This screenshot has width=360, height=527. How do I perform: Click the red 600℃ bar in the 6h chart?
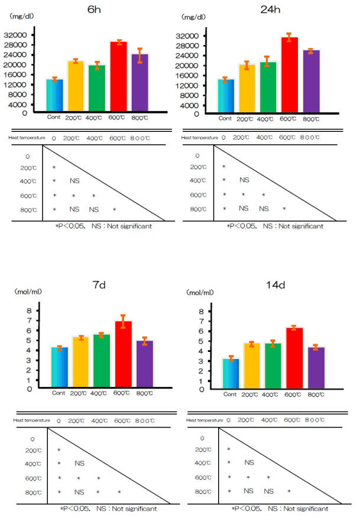[x=119, y=77]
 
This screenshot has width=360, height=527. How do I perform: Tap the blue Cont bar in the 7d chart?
[x=60, y=368]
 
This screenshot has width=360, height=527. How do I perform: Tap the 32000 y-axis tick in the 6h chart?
[x=18, y=35]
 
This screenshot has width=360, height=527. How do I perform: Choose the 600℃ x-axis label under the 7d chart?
[x=122, y=393]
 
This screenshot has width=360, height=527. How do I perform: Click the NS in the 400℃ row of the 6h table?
[x=74, y=181]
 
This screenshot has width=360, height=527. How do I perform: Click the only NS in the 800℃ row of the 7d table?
[x=79, y=492]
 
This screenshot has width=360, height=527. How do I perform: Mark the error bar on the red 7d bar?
[x=123, y=321]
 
